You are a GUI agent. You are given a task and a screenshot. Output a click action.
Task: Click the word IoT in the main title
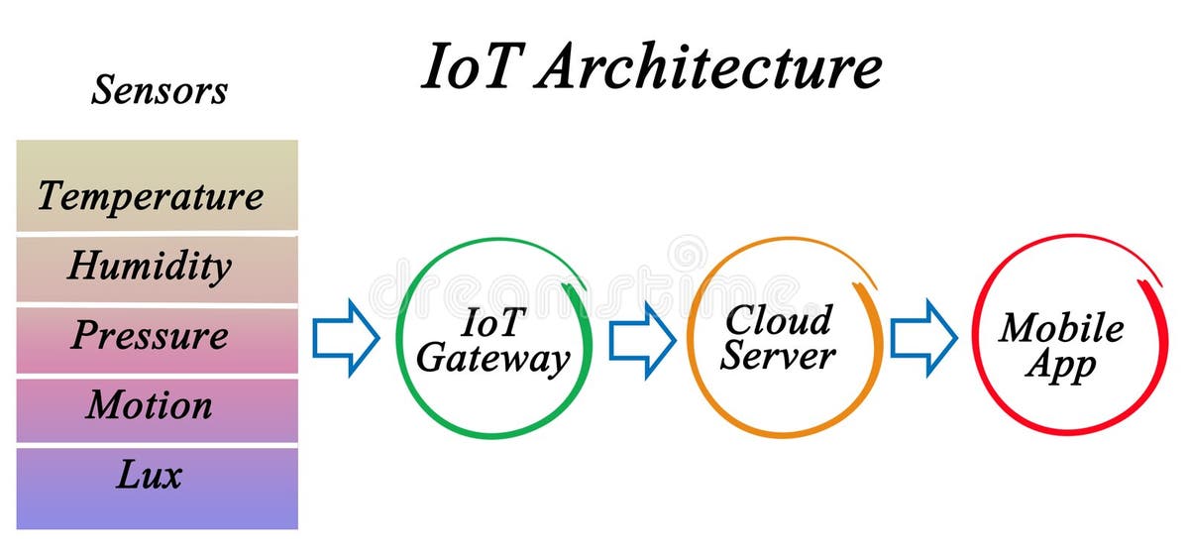click(x=472, y=68)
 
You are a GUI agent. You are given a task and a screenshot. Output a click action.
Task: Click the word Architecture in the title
click(x=710, y=68)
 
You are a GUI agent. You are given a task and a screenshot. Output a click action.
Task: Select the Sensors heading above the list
click(x=160, y=89)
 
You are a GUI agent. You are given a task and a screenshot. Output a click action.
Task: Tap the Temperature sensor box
click(x=157, y=185)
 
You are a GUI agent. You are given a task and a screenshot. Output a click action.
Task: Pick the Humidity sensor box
click(x=157, y=269)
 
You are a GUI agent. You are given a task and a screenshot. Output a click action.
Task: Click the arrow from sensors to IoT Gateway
click(x=346, y=337)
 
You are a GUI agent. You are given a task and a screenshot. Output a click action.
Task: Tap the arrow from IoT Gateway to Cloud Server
click(x=641, y=337)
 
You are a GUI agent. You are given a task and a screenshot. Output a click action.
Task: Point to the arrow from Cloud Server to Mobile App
click(x=923, y=337)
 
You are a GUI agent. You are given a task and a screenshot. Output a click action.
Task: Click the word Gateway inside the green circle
click(x=492, y=359)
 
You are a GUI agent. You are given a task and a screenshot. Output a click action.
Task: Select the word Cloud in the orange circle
click(x=778, y=320)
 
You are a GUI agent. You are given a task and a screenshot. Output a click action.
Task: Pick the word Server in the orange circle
click(x=778, y=356)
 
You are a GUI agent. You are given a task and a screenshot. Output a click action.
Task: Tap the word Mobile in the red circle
click(x=1061, y=328)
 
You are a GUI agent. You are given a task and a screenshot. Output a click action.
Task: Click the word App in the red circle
click(x=1061, y=365)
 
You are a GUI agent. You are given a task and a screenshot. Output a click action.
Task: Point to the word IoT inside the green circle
click(x=492, y=322)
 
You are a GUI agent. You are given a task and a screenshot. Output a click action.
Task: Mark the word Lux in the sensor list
click(x=150, y=476)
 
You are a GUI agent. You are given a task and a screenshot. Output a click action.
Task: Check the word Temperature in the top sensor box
click(x=151, y=196)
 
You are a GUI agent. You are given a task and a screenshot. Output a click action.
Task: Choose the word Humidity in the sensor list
click(x=150, y=266)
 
